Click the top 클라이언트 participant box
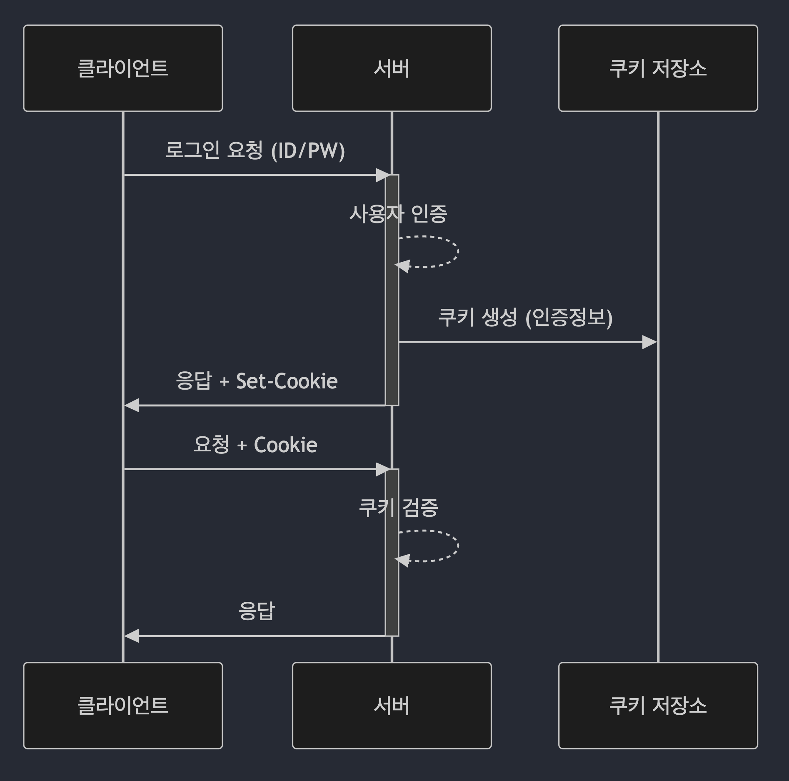[123, 68]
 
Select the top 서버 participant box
[392, 68]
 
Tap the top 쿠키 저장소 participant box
[658, 68]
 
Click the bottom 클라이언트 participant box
[123, 706]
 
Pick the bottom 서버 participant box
[392, 706]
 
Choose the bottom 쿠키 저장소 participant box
[658, 706]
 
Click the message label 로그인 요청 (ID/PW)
[255, 150]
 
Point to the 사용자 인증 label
[398, 214]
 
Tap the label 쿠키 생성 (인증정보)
[525, 318]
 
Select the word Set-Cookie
[287, 381]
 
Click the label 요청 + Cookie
[255, 445]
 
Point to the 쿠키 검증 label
[398, 508]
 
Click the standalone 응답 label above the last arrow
[257, 611]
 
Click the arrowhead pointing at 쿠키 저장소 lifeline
[649, 342]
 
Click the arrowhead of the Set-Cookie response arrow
[132, 405]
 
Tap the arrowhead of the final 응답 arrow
[132, 636]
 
